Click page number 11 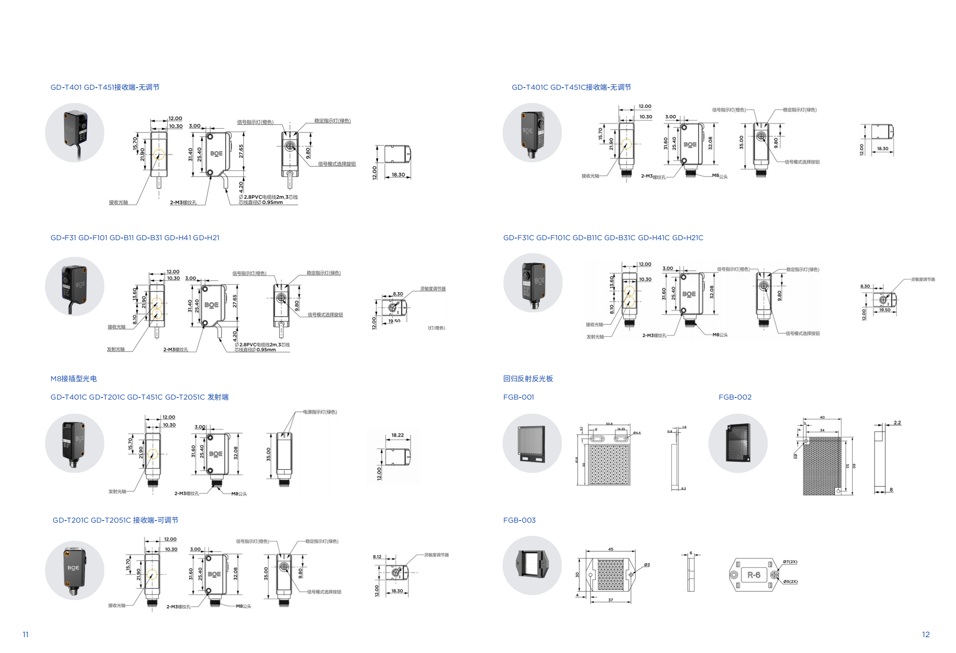[26, 634]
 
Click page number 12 [926, 634]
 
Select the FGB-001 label [518, 397]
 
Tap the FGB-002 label [735, 397]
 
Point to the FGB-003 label [519, 520]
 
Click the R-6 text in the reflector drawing [753, 575]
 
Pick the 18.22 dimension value [397, 435]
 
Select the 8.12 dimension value [377, 556]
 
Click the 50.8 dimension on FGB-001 [609, 424]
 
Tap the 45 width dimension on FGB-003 [611, 549]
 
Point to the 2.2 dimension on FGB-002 [897, 423]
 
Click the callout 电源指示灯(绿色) [320, 412]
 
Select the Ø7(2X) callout [790, 562]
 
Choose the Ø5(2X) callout [790, 581]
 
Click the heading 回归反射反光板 [528, 379]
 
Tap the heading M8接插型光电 [74, 379]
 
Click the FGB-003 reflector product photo [532, 565]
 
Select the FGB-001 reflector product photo [532, 443]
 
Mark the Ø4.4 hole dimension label [637, 433]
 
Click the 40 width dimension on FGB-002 [822, 417]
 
